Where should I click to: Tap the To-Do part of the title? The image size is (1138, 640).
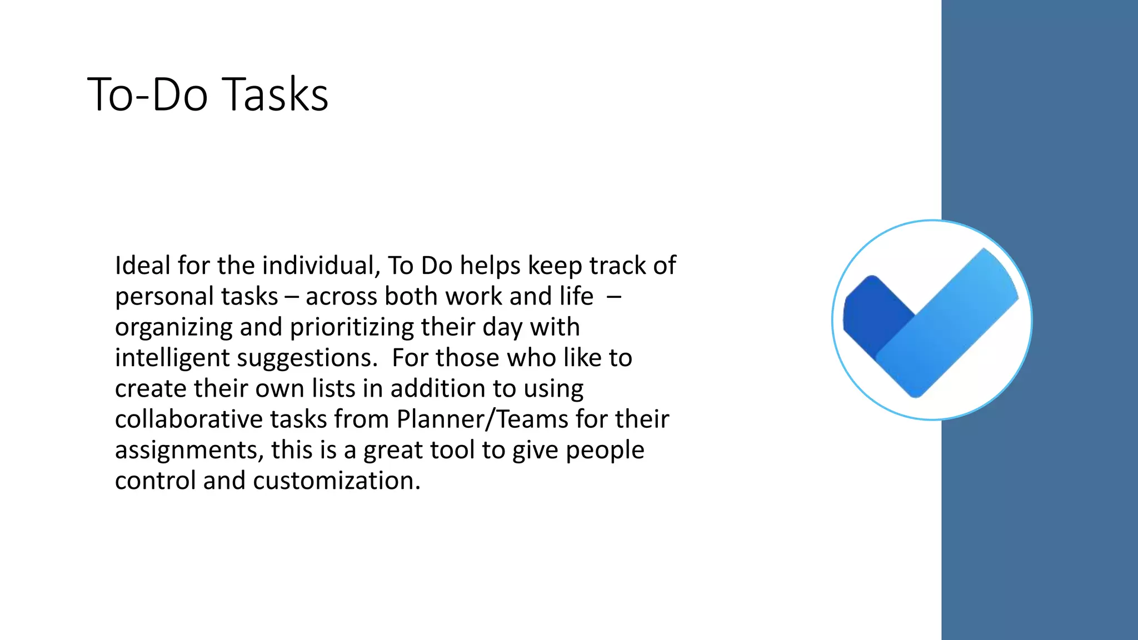pos(147,94)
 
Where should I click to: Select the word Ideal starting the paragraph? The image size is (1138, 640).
pos(142,266)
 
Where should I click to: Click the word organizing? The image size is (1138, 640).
pos(173,327)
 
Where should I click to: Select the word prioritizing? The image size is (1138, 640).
pos(352,327)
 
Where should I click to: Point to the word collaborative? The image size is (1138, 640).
pos(188,419)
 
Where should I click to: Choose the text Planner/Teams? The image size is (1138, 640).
pos(482,419)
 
